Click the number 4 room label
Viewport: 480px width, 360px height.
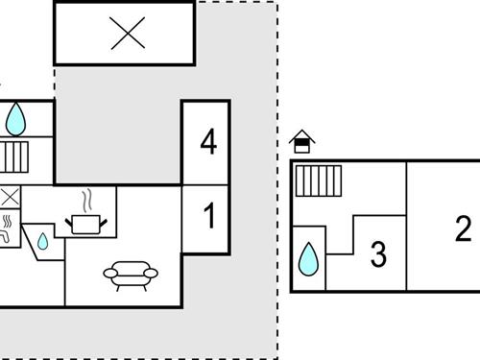[208, 143]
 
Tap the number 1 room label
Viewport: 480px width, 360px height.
[208, 217]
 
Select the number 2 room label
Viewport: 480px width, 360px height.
[464, 228]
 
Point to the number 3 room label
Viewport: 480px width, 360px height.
[378, 255]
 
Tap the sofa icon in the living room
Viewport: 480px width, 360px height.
[129, 276]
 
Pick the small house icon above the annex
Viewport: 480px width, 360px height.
[303, 142]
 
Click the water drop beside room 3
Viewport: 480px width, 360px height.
[308, 257]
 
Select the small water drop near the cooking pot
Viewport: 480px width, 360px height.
[43, 240]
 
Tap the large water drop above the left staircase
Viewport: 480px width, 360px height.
[16, 119]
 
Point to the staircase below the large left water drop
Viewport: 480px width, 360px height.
[15, 156]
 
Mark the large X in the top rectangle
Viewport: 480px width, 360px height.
[126, 35]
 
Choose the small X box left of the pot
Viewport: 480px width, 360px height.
[10, 198]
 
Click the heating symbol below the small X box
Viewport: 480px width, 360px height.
[9, 228]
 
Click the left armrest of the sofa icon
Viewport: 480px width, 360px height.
[108, 276]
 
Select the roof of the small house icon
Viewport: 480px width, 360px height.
[303, 136]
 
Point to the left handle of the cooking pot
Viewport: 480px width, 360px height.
[69, 222]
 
